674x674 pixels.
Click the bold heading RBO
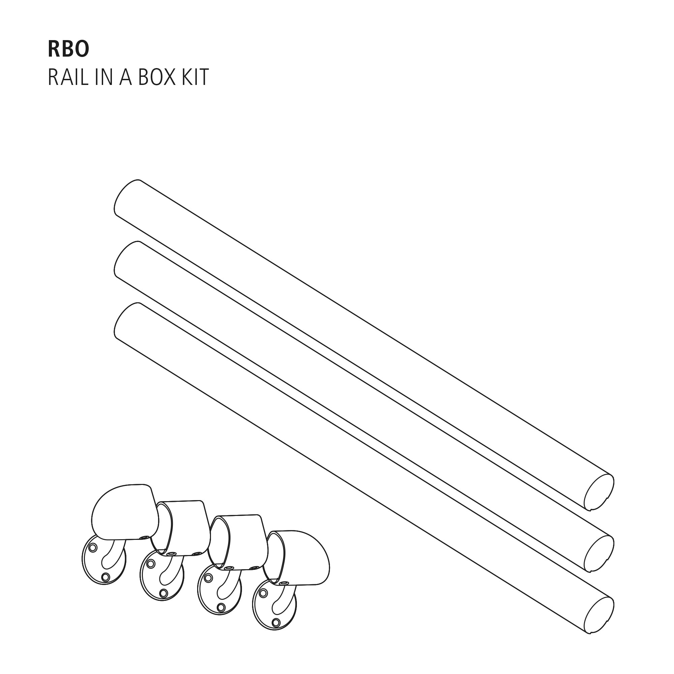(x=68, y=49)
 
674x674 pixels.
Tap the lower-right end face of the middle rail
(x=599, y=554)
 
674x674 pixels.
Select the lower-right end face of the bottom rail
(x=599, y=615)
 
